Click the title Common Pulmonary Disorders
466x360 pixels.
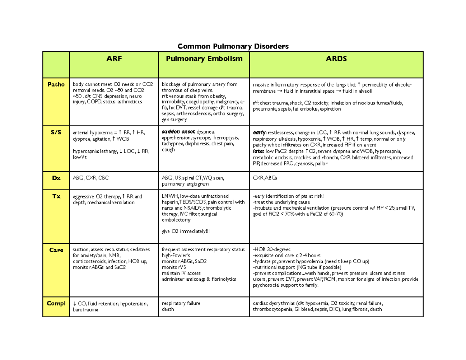point(233,47)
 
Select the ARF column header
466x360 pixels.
point(113,59)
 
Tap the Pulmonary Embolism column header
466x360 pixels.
point(204,59)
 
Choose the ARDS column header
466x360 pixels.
point(336,59)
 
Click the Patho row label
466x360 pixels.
point(56,84)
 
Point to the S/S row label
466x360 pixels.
point(56,132)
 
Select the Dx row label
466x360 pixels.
point(56,178)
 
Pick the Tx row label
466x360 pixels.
point(56,197)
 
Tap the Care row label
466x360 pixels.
point(56,250)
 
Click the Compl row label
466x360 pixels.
point(56,303)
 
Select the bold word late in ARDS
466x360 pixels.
point(258,151)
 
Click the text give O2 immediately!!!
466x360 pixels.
point(186,232)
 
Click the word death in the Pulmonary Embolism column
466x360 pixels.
point(168,310)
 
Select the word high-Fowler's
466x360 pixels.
point(176,256)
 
